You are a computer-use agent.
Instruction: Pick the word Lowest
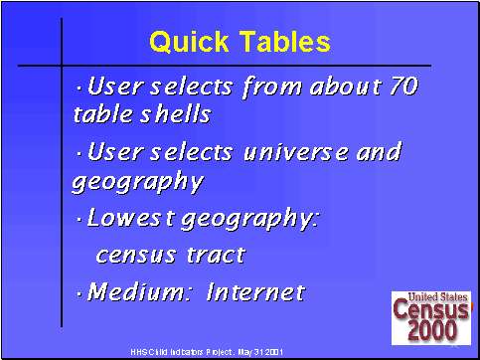127,218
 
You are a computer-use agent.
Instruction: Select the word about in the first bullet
336,87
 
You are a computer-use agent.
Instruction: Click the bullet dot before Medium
80,293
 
